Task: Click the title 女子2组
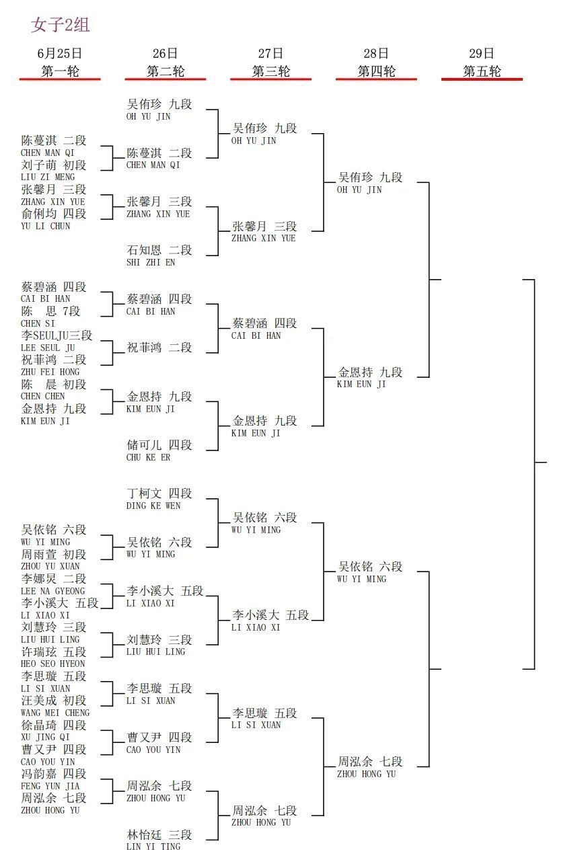(x=61, y=25)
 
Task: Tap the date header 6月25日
(x=60, y=54)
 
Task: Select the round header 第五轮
(x=482, y=71)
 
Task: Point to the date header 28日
(x=376, y=54)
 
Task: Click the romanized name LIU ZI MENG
(x=48, y=177)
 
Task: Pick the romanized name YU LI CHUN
(x=46, y=226)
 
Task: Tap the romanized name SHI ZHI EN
(x=151, y=262)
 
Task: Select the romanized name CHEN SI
(x=38, y=323)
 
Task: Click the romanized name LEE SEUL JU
(x=48, y=348)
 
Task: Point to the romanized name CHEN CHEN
(x=42, y=397)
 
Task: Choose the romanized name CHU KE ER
(x=149, y=457)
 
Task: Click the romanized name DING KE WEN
(x=153, y=506)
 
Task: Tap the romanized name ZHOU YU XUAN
(x=50, y=566)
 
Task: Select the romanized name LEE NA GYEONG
(x=52, y=591)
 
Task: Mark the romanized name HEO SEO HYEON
(x=52, y=664)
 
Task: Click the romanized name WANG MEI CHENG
(x=55, y=713)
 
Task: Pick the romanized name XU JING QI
(x=45, y=737)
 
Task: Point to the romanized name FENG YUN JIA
(x=50, y=786)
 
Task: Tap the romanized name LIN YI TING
(x=153, y=846)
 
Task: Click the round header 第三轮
(x=271, y=71)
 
